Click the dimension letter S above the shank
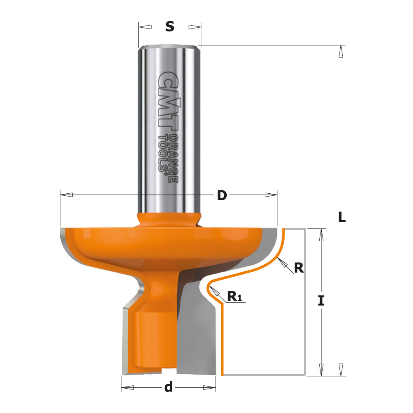169,27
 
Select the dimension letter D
222,195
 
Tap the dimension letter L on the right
342,217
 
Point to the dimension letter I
321,301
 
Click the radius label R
299,268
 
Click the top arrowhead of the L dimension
341,51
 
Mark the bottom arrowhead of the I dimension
321,369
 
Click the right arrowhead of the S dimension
195,27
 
